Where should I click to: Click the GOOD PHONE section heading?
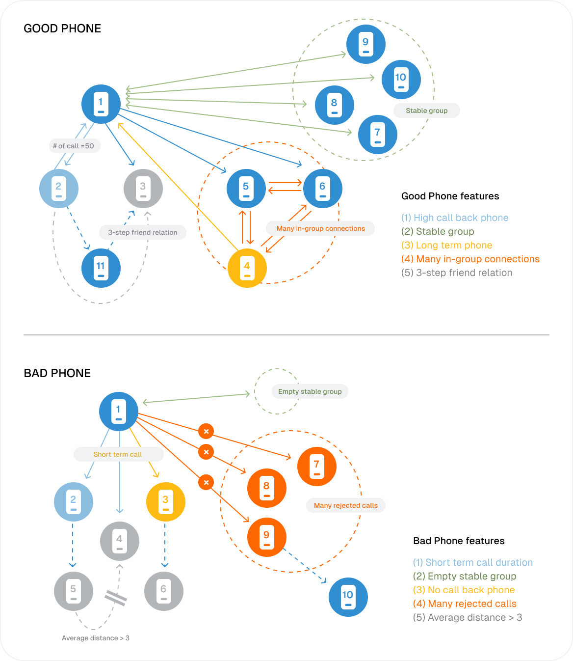coord(62,28)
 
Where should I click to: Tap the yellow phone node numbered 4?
coord(247,268)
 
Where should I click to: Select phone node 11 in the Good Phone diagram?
coord(101,268)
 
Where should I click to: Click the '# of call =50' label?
coord(74,146)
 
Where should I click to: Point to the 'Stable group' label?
coord(426,110)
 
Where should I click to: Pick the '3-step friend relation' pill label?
coord(143,232)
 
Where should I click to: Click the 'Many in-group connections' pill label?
coord(320,228)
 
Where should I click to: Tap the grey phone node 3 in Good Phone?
coord(143,188)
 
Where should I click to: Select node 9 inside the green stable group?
coord(365,44)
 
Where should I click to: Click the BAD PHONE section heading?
coord(57,373)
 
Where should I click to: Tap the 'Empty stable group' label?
coord(310,391)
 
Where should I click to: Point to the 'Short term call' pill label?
coord(118,454)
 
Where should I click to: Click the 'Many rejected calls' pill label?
coord(345,505)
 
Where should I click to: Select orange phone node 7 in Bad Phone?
coord(316,466)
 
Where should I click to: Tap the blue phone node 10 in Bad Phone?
coord(348,597)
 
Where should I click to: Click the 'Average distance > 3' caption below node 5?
coord(96,638)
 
